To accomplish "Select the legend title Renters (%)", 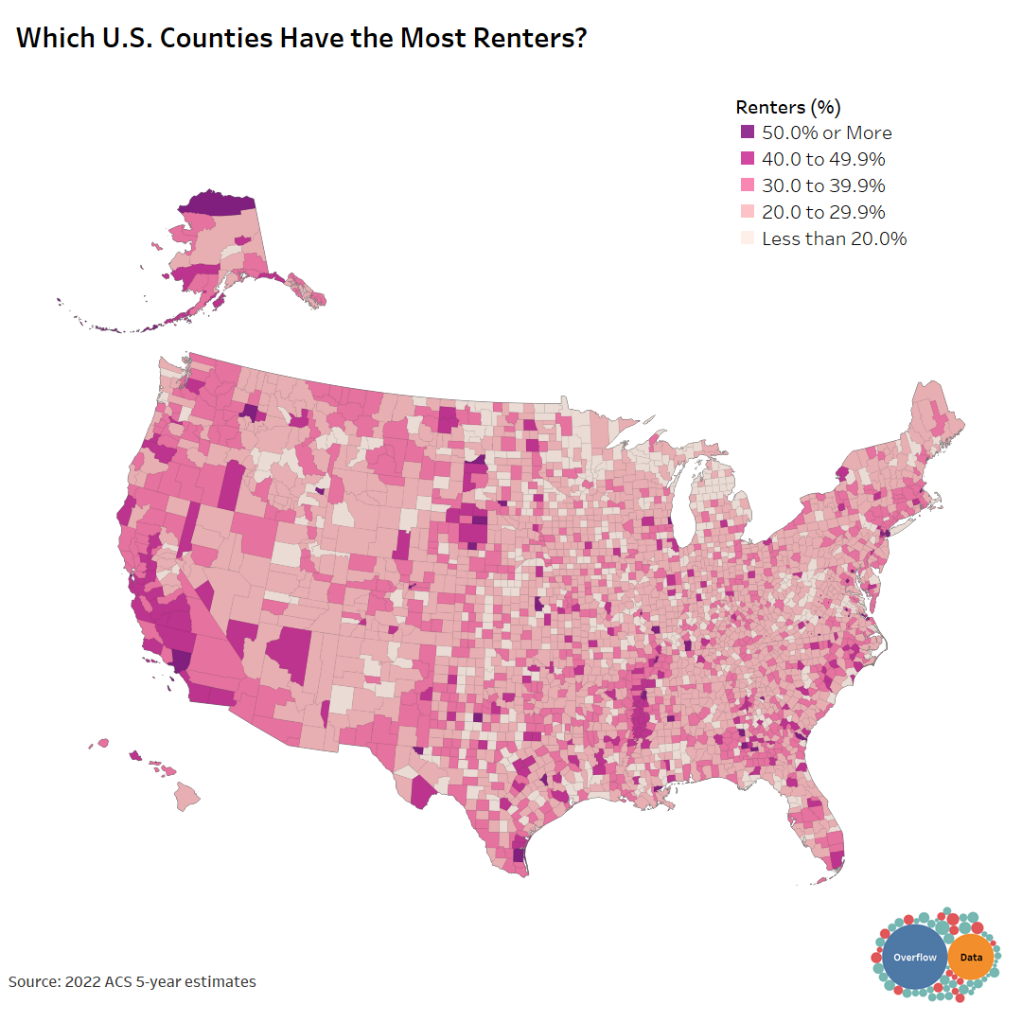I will pos(788,106).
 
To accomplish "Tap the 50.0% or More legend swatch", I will pos(748,132).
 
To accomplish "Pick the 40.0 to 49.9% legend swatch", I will pos(748,159).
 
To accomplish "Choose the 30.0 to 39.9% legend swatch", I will pos(748,185).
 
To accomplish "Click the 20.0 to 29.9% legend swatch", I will pos(748,212).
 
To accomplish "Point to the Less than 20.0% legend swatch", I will pos(748,238).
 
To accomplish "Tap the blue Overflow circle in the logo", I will pos(914,958).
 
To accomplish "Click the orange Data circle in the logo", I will pos(971,958).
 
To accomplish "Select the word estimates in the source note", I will pos(220,982).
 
